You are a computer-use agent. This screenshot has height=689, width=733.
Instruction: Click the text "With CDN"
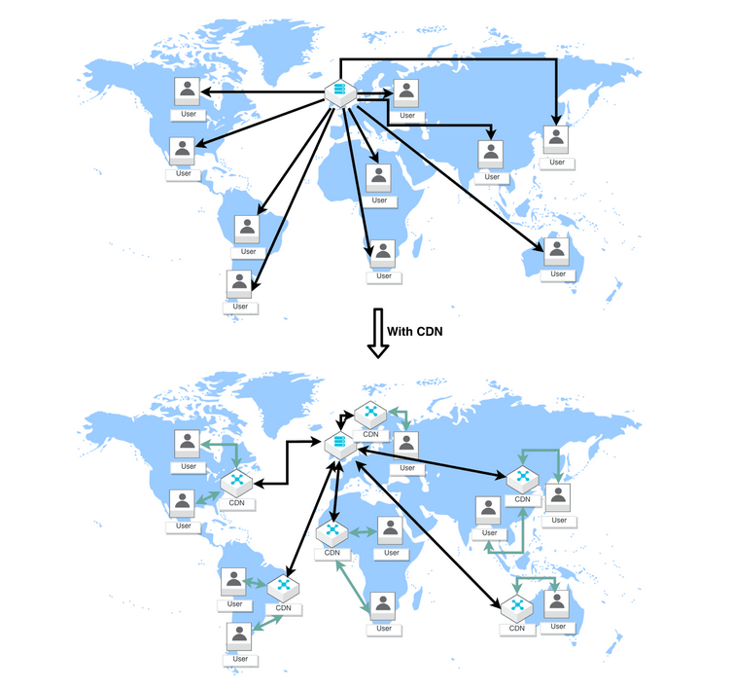coord(415,331)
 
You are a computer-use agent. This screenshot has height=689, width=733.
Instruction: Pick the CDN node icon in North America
coord(237,482)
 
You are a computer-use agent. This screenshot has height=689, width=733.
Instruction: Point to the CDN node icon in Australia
coord(517,608)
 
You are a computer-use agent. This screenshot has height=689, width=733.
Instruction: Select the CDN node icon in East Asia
coord(523,478)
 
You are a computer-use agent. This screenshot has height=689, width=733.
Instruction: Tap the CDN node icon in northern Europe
coord(370,414)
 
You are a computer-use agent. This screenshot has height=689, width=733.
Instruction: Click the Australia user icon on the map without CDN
coord(557,251)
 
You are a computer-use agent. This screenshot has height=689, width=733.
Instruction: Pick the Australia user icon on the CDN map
coord(557,604)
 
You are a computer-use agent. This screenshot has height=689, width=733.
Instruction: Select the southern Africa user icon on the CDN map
coord(384,605)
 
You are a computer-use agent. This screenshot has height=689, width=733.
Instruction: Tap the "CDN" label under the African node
coord(332,553)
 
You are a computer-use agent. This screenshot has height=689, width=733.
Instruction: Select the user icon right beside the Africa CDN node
coord(390,530)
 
